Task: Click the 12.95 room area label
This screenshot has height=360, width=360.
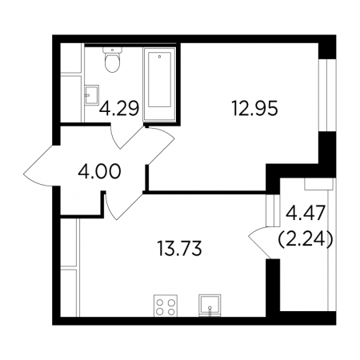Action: pos(254,109)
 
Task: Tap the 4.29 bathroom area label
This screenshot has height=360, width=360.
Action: pos(119,109)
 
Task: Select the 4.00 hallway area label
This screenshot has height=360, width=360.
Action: pos(99,171)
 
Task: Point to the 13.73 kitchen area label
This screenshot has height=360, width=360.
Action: pos(180,248)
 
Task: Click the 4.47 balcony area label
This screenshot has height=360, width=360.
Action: pos(306,214)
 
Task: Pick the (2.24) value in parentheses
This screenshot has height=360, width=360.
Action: pos(306,239)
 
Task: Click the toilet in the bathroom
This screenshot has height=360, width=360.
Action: pos(112,60)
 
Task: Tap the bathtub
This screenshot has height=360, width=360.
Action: pos(159,85)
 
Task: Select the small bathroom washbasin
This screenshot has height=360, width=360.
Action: pos(92,94)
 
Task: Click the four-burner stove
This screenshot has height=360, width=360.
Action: pos(166,306)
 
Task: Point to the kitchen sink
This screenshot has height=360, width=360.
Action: pos(210,306)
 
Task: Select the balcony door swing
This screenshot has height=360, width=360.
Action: pos(260,242)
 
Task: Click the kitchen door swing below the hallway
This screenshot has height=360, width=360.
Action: pos(123,206)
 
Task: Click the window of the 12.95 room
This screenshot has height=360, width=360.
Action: pos(327,95)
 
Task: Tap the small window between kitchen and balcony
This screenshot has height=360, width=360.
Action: pos(273,210)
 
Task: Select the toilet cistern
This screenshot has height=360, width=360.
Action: pos(112,50)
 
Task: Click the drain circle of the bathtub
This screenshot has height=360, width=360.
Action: pos(159,56)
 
